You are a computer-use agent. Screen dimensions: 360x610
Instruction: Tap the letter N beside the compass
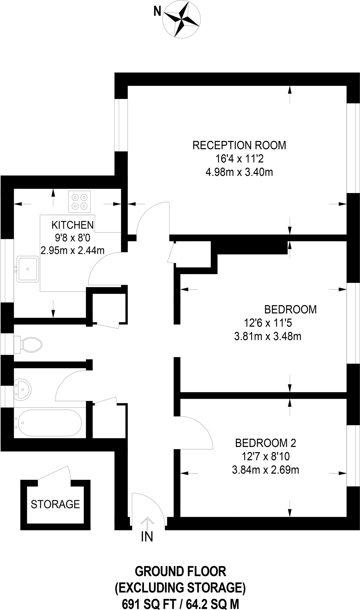coord(157,12)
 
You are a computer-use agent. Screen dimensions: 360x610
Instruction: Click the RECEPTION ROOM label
coord(239,145)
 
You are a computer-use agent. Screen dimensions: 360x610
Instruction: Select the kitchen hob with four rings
coord(79,201)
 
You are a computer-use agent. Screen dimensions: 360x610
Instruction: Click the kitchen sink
coord(27,269)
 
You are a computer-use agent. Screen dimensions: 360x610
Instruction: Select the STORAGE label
coord(55,504)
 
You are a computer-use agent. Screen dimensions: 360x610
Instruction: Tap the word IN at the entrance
coord(147,537)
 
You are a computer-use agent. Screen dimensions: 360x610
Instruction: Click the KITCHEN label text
coord(73,225)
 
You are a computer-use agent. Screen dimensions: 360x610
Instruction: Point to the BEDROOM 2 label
coord(266,443)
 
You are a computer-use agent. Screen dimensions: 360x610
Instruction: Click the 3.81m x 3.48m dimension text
coord(268,337)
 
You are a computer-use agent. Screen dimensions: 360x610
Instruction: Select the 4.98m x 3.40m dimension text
coord(239,172)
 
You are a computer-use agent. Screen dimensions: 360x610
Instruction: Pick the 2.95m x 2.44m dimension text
coord(73,250)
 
